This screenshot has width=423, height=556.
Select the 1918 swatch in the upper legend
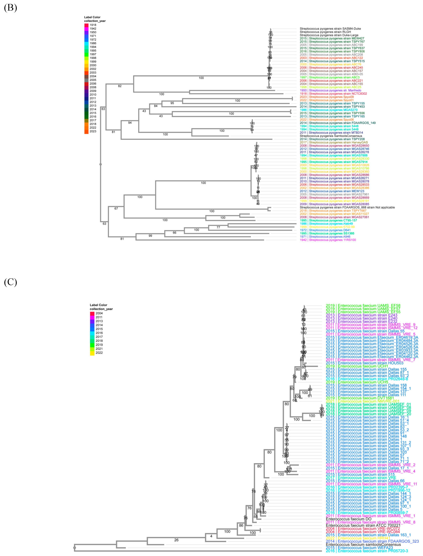86,25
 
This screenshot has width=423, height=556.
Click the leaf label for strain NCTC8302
333,94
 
